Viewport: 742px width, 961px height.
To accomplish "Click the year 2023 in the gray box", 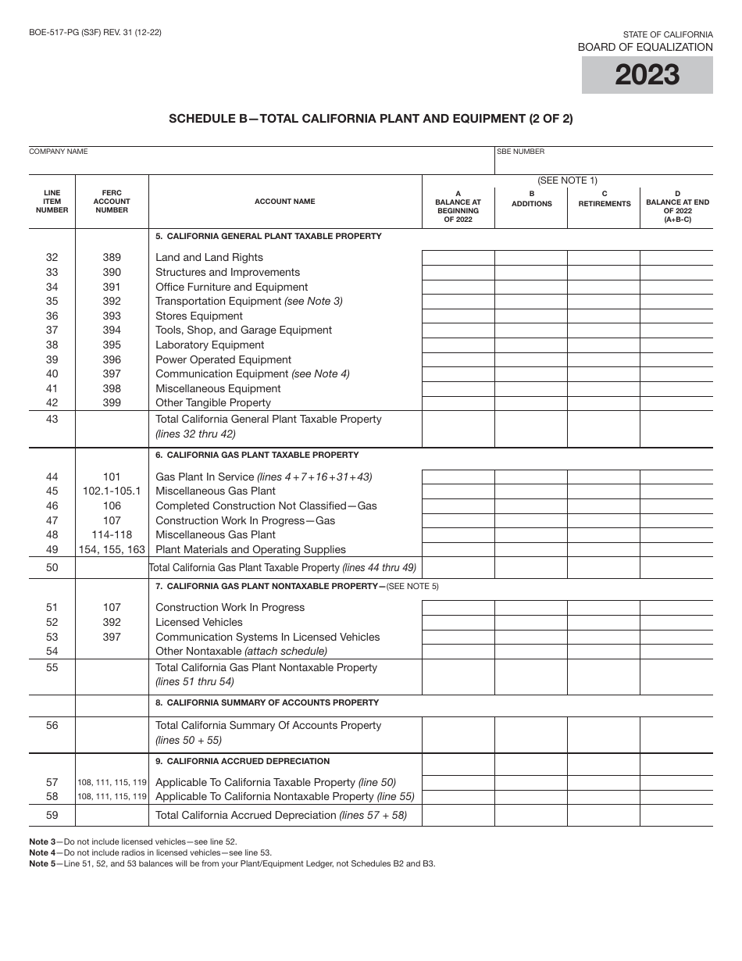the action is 647,76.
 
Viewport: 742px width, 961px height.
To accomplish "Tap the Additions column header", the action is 531,198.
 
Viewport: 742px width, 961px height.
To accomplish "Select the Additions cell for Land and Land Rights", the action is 531,258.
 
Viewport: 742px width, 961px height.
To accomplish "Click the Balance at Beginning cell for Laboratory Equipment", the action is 458,345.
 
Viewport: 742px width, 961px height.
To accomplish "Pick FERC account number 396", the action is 112,359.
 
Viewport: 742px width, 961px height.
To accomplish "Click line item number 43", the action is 52,420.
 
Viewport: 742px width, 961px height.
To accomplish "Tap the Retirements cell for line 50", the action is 604,568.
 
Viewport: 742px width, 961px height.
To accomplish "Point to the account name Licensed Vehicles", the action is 199,623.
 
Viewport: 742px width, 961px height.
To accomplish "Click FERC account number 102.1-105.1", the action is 112,491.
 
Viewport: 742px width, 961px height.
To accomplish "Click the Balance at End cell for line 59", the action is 676,816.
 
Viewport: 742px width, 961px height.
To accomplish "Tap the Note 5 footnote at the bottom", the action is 232,863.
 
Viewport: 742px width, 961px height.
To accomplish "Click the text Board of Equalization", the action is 645,47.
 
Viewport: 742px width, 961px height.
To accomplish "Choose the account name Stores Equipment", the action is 199,316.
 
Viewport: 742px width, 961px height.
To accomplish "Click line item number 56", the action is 52,726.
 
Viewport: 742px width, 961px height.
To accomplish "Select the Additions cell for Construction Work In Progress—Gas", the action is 531,521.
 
